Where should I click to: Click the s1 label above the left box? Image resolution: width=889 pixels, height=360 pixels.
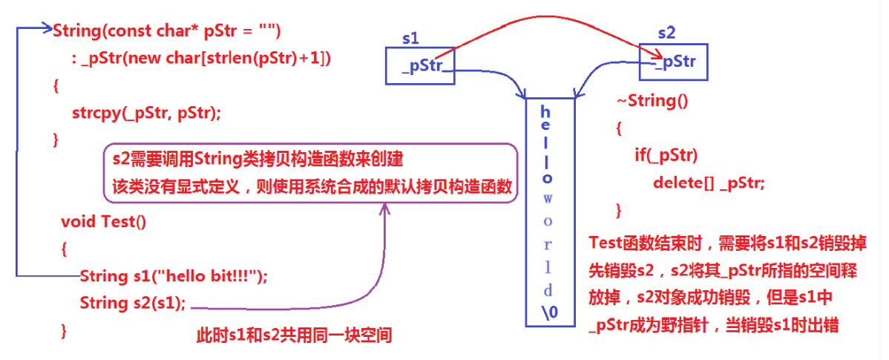410,36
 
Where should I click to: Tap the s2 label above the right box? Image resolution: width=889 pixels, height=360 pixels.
667,33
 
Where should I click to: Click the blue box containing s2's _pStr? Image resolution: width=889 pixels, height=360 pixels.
674,62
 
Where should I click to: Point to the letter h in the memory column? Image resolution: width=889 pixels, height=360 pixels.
545,111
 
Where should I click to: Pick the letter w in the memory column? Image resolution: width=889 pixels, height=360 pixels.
548,199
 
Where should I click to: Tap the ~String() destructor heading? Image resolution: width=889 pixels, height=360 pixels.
652,101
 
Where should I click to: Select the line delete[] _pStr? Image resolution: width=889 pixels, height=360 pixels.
708,183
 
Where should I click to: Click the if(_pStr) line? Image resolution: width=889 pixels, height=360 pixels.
666,155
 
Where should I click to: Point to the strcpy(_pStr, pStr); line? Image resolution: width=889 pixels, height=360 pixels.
146,113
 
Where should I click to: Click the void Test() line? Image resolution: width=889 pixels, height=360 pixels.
104,222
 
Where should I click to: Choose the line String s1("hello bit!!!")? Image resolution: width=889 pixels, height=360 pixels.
173,276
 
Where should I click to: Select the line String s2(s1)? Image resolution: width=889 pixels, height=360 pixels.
133,303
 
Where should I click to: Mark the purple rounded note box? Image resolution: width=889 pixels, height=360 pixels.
309,171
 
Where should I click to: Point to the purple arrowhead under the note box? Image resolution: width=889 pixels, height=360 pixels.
384,209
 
